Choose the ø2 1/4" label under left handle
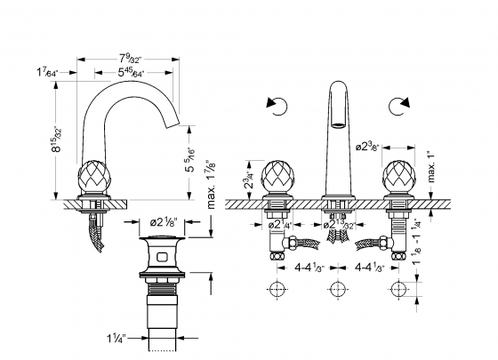coord(284,224)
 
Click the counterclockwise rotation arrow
coord(276,107)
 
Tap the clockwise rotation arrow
coord(397,107)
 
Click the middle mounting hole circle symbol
coord(336,290)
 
